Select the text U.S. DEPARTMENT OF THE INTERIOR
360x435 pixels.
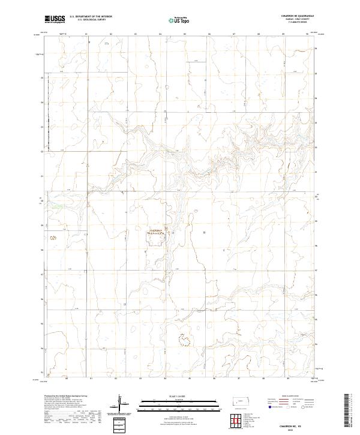coord(91,17)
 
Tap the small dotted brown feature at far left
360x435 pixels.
coord(53,238)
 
